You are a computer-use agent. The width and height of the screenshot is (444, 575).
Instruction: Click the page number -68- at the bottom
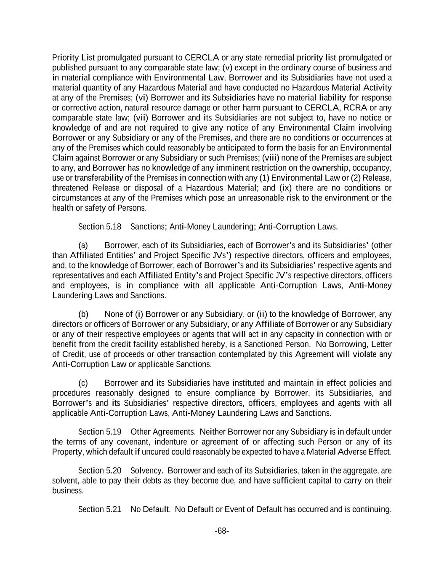222,531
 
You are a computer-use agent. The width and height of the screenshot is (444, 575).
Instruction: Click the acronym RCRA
357,108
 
